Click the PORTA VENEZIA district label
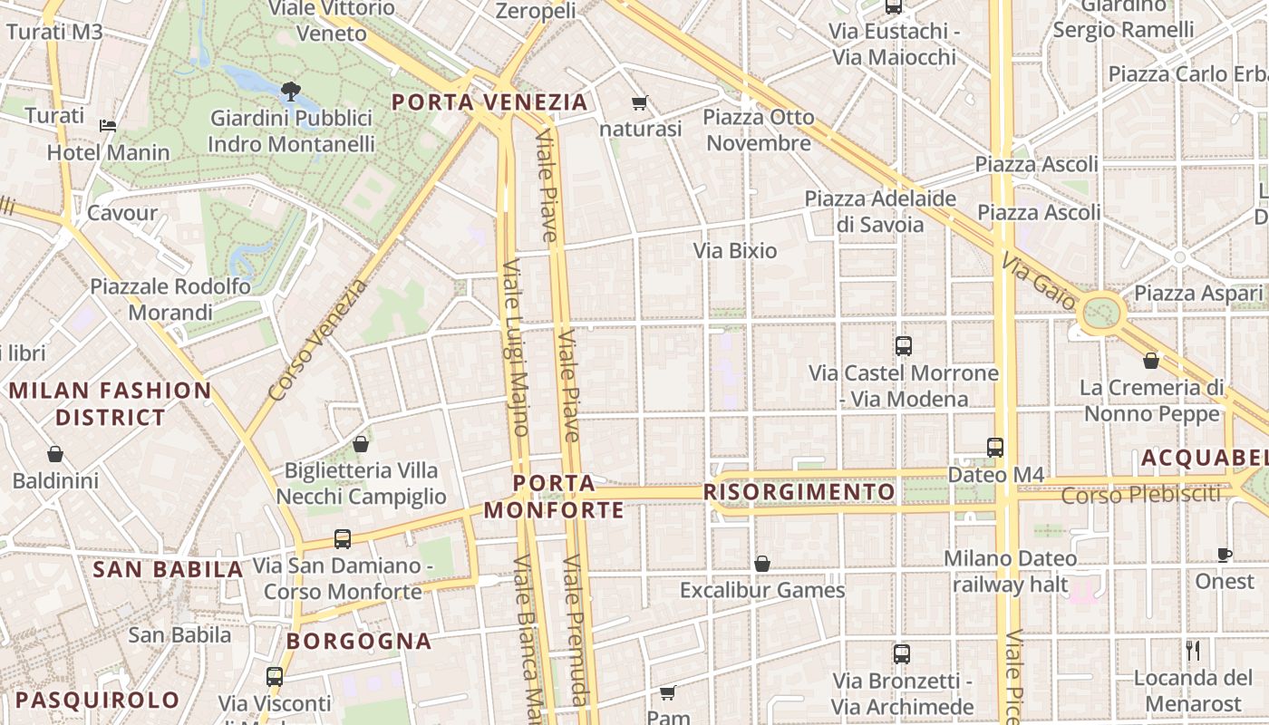click(x=489, y=101)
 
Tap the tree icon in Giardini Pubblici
click(x=291, y=90)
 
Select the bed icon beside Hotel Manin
click(x=108, y=125)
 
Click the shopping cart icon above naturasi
click(x=640, y=102)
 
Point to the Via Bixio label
click(x=735, y=250)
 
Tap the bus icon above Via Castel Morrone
click(x=903, y=345)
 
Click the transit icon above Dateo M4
click(x=995, y=447)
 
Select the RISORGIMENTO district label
click(x=799, y=492)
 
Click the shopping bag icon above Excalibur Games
click(x=762, y=564)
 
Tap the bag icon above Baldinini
click(x=55, y=453)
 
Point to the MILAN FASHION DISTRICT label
click(x=110, y=404)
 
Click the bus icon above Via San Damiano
click(x=342, y=538)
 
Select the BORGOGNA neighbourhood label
click(x=359, y=641)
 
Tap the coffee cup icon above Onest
click(x=1224, y=555)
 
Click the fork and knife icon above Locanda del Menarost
click(x=1193, y=650)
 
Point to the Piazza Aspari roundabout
click(x=1101, y=314)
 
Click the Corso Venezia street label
click(x=319, y=340)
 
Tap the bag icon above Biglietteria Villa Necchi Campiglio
click(x=361, y=444)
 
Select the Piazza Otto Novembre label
click(x=759, y=130)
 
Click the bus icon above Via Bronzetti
click(x=901, y=653)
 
